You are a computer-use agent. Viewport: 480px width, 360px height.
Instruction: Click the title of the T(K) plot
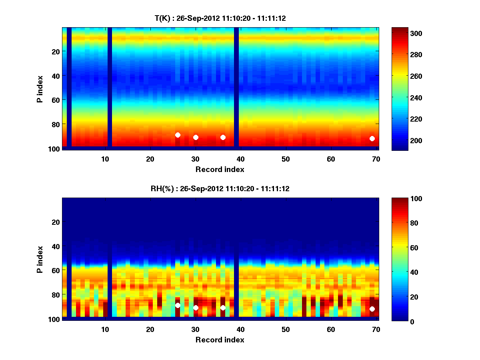click(x=220, y=18)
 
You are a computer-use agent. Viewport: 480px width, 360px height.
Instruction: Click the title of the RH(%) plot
click(x=220, y=189)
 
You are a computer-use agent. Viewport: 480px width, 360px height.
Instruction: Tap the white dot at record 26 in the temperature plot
click(x=178, y=135)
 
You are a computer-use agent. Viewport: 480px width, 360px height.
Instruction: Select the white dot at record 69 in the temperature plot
click(x=372, y=138)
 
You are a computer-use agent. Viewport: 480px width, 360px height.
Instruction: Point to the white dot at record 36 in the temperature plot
click(x=223, y=137)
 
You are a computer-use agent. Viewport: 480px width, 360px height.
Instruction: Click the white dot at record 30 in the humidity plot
click(x=196, y=308)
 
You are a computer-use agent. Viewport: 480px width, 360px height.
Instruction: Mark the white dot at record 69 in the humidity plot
click(x=372, y=309)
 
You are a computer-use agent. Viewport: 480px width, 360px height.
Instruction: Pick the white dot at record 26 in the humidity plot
click(x=178, y=305)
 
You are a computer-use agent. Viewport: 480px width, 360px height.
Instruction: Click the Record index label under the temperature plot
click(x=220, y=170)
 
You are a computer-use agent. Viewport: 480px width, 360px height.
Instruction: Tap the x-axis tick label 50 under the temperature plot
click(x=286, y=159)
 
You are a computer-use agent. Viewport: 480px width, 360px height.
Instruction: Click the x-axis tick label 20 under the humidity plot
click(x=150, y=329)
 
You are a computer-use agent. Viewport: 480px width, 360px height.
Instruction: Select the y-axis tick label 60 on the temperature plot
click(x=55, y=100)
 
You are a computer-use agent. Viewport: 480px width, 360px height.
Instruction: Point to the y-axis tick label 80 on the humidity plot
click(x=55, y=294)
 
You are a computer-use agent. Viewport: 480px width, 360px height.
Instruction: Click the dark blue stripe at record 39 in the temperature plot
click(x=236, y=87)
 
